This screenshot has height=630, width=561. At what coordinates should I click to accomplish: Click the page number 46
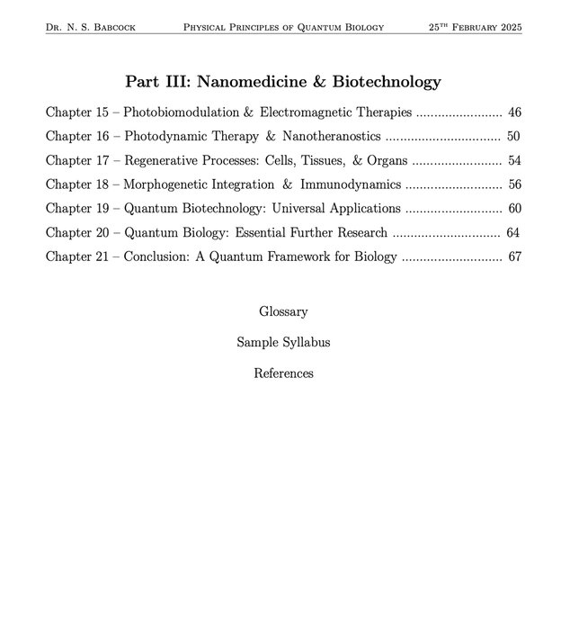[514, 113]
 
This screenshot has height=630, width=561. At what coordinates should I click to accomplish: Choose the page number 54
[514, 161]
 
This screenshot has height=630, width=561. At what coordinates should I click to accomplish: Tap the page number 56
[514, 184]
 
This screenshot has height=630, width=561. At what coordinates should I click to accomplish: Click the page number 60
[514, 209]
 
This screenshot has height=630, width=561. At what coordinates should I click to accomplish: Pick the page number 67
[514, 256]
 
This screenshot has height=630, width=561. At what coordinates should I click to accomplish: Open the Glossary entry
[283, 312]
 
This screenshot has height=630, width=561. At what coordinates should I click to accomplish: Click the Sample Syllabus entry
[283, 343]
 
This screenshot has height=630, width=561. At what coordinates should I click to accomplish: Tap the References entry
[283, 373]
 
